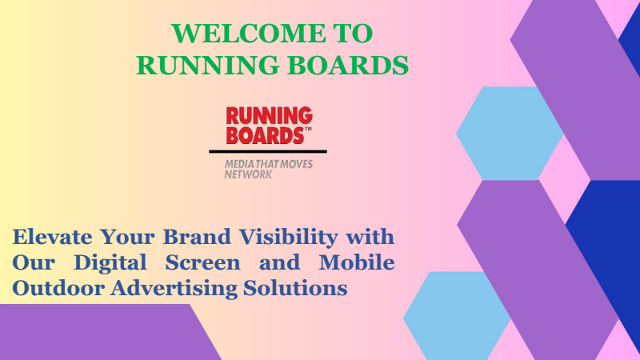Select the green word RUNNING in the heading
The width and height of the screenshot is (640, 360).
point(208,66)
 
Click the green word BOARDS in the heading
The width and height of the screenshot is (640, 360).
point(348,66)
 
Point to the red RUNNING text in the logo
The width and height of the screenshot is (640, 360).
point(270,115)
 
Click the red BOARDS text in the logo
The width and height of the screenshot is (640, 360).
point(266,135)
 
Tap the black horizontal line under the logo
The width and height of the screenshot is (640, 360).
point(268,151)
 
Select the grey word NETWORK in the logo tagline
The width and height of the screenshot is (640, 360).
point(248,174)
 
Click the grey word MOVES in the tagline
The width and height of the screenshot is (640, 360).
point(297,165)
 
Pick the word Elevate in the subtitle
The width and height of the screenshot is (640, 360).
point(52,237)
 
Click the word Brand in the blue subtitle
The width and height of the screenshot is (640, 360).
point(197,237)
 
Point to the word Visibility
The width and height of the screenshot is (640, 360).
point(288,238)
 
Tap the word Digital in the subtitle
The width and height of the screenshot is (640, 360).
point(110,263)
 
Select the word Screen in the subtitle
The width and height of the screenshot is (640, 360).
point(203,262)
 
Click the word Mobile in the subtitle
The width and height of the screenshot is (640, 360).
point(356,262)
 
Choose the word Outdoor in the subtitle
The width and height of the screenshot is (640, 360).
point(58,288)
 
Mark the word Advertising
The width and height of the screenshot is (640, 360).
point(174,289)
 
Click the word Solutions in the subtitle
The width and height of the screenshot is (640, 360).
point(295,288)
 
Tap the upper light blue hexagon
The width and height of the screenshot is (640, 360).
point(510,133)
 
